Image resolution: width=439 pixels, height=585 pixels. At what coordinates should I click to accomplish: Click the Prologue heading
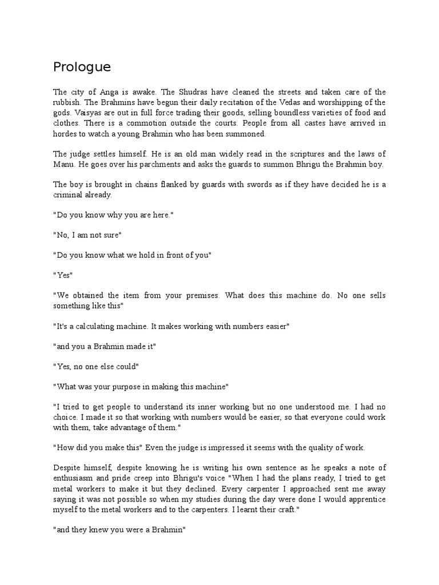click(82, 67)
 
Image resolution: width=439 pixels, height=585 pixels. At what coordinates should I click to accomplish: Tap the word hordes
click(65, 133)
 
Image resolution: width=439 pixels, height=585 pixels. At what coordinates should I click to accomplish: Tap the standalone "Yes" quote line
click(62, 275)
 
